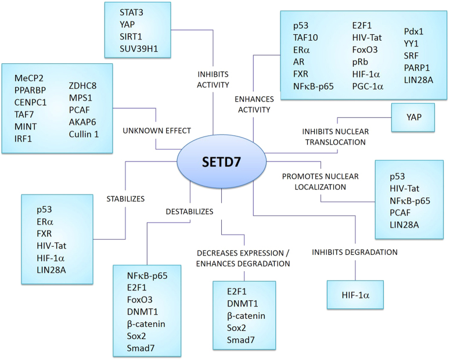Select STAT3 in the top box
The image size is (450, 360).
coord(133,12)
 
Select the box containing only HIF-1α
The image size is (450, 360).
coord(355,296)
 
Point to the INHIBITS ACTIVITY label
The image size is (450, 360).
coord(213,78)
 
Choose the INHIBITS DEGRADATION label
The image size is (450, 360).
coord(354,252)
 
